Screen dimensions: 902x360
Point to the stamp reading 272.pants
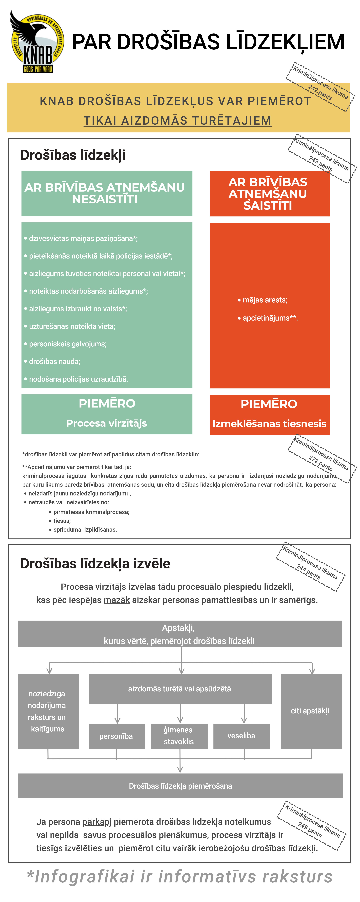pyautogui.click(x=322, y=459)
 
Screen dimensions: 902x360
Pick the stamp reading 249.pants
pyautogui.click(x=312, y=825)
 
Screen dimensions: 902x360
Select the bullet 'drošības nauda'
pyautogui.click(x=54, y=361)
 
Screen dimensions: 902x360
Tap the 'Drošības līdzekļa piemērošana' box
pyautogui.click(x=180, y=786)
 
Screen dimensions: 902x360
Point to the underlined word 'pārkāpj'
pyautogui.click(x=97, y=822)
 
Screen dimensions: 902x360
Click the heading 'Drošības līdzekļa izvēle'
pyautogui.click(x=95, y=563)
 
